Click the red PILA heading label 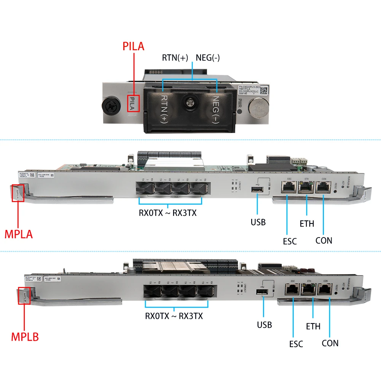point(133,46)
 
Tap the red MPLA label point(19,233)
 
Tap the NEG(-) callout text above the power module point(207,58)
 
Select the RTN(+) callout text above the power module point(175,58)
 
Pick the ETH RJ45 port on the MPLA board point(305,187)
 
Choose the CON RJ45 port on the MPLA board point(323,187)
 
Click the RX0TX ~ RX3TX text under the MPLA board point(167,213)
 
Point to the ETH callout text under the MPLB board point(313,326)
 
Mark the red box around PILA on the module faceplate point(133,104)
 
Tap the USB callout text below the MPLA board point(258,222)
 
